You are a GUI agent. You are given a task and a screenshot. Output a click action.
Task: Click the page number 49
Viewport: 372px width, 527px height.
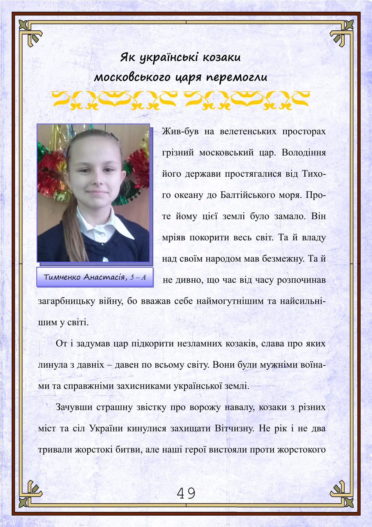(x=186, y=493)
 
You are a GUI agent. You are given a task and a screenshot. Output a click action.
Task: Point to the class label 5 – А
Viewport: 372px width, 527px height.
(x=138, y=277)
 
